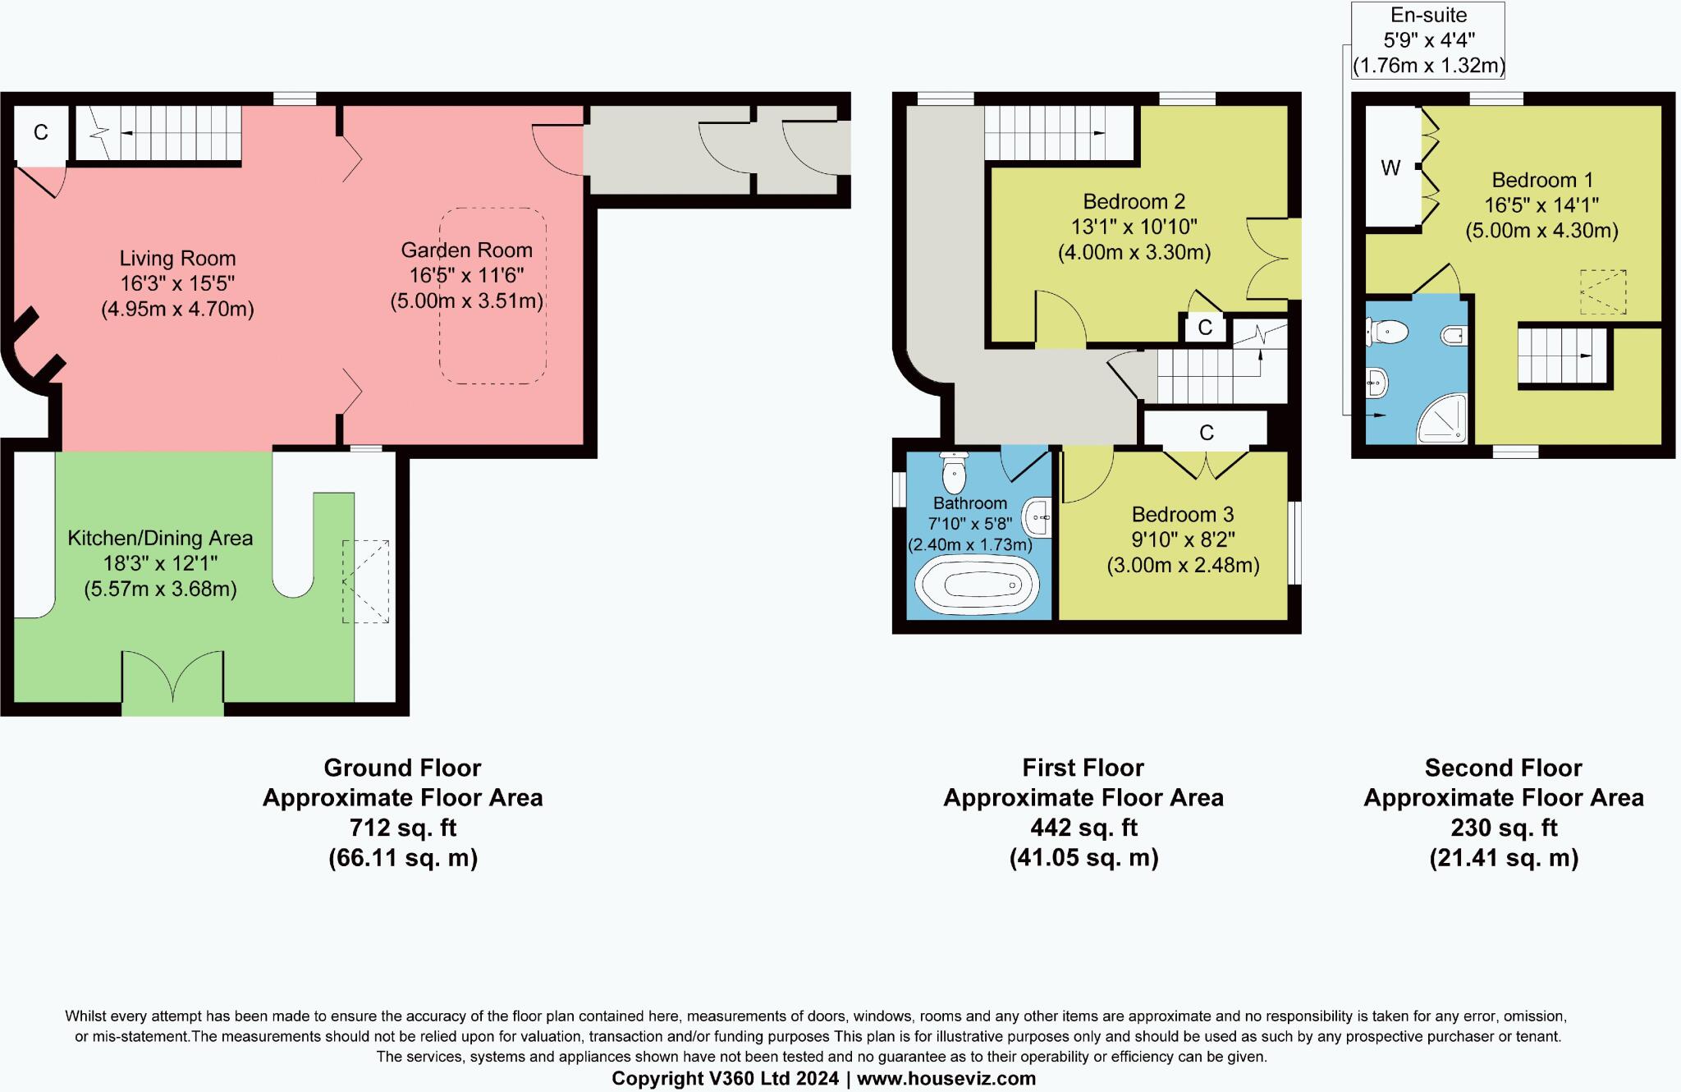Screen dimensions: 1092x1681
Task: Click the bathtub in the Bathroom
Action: [977, 585]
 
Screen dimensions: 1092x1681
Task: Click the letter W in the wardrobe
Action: [1390, 168]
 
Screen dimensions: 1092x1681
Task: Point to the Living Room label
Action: [177, 259]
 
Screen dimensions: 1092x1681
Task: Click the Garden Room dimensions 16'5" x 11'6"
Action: [466, 276]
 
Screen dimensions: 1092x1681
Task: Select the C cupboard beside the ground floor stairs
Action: [40, 132]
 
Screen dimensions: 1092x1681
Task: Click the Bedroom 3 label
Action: [1182, 515]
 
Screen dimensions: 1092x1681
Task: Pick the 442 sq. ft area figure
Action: [1083, 828]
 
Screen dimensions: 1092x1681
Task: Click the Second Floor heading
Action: [1503, 768]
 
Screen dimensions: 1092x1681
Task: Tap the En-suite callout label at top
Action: [1428, 16]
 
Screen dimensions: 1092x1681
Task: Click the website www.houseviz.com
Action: [946, 1078]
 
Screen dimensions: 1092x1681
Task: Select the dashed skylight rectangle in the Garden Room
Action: [492, 296]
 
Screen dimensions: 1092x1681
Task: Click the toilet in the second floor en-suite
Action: [1387, 333]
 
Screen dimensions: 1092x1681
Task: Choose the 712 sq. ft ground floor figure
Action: [402, 828]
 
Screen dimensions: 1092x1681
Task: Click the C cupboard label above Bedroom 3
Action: [1206, 433]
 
